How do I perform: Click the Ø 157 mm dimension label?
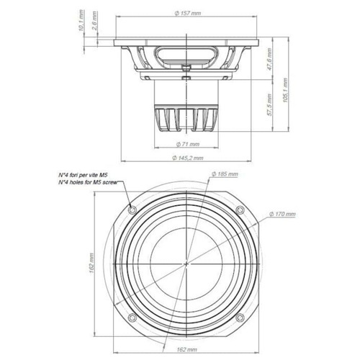click(x=187, y=14)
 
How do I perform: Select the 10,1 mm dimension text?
click(x=81, y=20)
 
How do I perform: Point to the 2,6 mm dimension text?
click(x=94, y=21)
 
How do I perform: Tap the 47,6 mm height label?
click(x=269, y=60)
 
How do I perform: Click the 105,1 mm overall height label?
click(x=285, y=90)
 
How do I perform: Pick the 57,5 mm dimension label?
click(x=269, y=105)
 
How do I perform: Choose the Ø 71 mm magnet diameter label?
click(x=188, y=144)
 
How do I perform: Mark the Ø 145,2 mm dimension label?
click(x=188, y=158)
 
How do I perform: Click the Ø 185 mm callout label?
click(x=225, y=174)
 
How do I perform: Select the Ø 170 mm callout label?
click(x=282, y=214)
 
